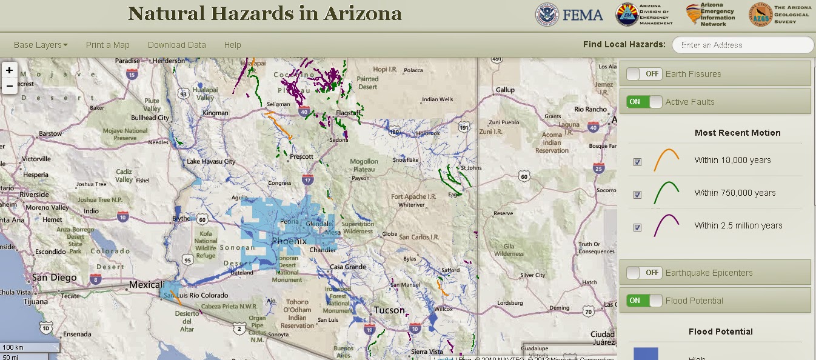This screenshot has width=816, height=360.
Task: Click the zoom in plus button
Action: (x=9, y=70)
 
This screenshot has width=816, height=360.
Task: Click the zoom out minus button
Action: (x=9, y=85)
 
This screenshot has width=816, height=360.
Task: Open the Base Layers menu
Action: (x=41, y=45)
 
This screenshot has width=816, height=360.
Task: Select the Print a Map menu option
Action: (x=108, y=45)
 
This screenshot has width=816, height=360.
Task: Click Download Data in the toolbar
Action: (x=177, y=45)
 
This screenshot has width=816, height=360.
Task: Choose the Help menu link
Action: (x=232, y=45)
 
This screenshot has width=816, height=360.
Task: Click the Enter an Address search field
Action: (x=743, y=45)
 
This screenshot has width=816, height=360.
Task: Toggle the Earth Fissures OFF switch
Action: (x=644, y=74)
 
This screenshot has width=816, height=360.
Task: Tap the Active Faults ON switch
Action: (x=644, y=102)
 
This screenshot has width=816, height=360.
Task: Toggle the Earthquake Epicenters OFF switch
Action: (x=644, y=273)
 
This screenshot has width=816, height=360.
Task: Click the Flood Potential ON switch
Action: (x=644, y=301)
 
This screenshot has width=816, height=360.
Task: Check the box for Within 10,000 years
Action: (x=637, y=162)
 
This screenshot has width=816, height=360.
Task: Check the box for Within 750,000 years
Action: (x=637, y=195)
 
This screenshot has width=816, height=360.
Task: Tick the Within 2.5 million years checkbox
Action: (x=637, y=227)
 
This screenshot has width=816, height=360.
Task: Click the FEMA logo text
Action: (x=583, y=15)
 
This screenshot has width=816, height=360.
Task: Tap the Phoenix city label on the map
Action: (x=289, y=241)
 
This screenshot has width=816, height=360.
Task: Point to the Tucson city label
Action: (x=389, y=310)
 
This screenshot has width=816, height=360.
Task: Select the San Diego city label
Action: (x=54, y=278)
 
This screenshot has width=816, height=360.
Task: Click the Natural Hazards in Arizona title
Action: (x=265, y=14)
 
